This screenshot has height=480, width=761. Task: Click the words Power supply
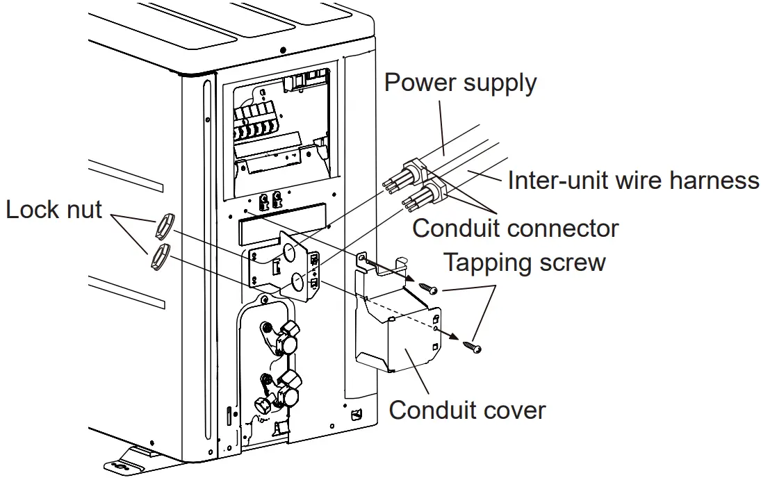coord(460,83)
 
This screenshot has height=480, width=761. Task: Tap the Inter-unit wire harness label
coord(633,181)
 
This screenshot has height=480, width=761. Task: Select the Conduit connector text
coord(515,227)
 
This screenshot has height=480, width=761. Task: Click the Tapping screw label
coord(524,263)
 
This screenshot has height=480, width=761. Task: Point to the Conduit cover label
coord(467,409)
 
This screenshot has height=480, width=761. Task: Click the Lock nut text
coord(54,209)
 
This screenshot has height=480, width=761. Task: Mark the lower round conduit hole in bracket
coord(297,281)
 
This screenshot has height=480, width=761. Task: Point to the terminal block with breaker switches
coord(258,125)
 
